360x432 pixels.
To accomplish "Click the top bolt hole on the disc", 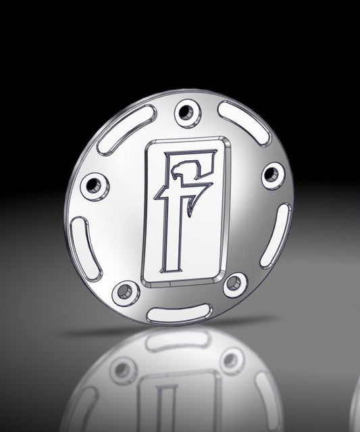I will [x=186, y=111].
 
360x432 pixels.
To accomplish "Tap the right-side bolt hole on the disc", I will [x=272, y=174].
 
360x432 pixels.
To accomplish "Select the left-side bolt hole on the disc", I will [x=94, y=183].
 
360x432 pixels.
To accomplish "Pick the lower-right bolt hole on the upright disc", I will [x=234, y=284].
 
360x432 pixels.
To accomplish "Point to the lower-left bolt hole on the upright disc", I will [x=124, y=293].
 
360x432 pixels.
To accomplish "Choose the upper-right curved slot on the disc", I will [x=244, y=122].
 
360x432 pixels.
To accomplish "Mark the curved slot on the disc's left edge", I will [x=86, y=247].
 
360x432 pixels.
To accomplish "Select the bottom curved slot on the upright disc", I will [x=178, y=312].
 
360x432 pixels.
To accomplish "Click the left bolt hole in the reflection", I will [x=124, y=369].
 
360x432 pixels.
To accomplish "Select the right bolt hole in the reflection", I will [x=232, y=361].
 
